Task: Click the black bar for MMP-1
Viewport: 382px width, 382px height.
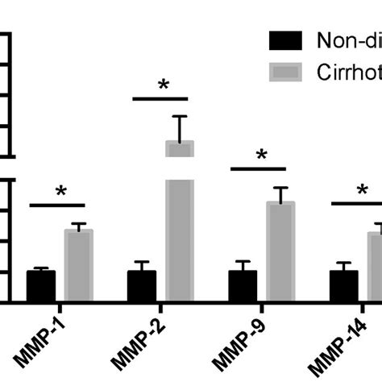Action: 41,286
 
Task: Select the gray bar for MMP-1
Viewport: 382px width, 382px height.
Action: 79,266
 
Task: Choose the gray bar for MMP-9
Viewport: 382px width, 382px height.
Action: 280,251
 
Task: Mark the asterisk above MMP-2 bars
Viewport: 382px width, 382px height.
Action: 164,86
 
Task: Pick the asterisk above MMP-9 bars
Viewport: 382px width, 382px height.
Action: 261,156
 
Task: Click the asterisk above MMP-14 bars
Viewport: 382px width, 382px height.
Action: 363,192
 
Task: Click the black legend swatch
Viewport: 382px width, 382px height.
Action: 286,40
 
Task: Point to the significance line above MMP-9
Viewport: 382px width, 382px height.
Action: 258,169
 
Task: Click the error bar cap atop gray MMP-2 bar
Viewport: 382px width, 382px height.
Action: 180,116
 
